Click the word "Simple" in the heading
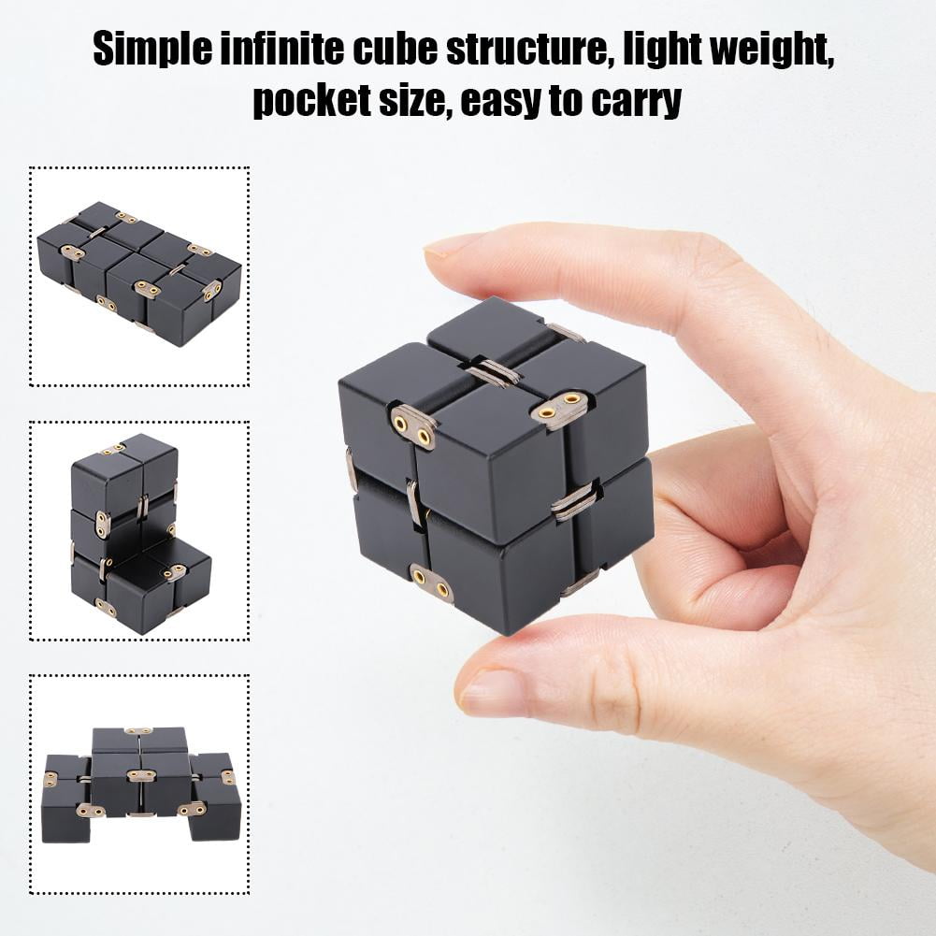151,49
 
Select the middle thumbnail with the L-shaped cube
139,531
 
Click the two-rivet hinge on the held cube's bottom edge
432,583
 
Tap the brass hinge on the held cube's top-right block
559,409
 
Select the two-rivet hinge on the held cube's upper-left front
413,425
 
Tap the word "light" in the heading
677,49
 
